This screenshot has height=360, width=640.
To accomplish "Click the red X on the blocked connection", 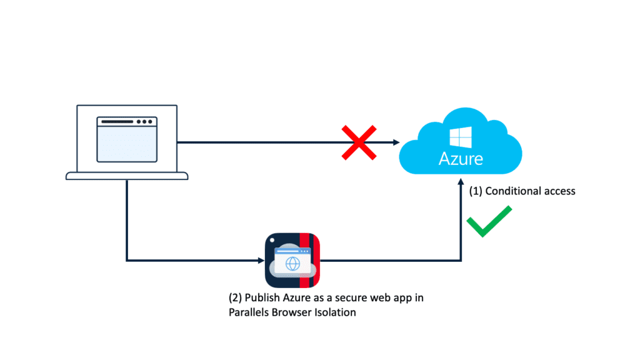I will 358,143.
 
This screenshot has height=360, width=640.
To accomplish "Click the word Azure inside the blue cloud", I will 461,158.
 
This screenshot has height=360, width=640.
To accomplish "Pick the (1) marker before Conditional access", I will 476,191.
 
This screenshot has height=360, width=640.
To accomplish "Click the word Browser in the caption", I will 292,312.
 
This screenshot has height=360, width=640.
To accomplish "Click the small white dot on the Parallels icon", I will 272,240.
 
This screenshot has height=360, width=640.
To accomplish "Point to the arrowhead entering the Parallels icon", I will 261,260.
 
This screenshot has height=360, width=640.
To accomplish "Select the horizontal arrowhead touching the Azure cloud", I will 396,143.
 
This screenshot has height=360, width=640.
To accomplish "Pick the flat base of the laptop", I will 127,177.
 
